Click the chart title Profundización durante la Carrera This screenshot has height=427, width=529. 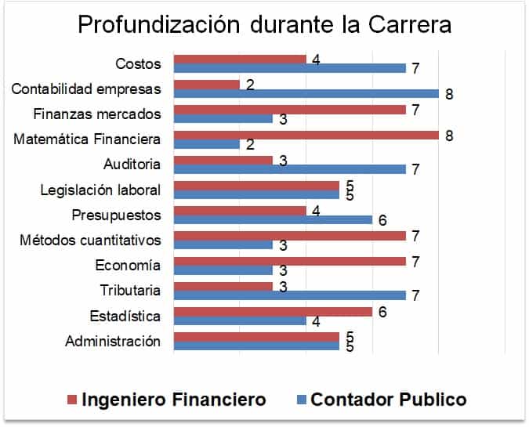click(x=264, y=25)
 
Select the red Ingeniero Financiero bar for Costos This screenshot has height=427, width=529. click(x=239, y=59)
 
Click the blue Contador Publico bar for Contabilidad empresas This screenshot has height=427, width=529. click(x=306, y=93)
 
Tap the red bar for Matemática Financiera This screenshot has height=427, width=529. click(x=306, y=135)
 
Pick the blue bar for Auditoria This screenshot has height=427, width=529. click(x=289, y=169)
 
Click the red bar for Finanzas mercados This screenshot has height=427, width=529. click(x=289, y=109)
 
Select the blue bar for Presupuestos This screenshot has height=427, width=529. click(x=273, y=220)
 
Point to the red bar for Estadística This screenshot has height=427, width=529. click(x=273, y=312)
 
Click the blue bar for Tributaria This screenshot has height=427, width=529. click(x=289, y=295)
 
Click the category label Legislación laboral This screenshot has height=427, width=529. click(x=100, y=190)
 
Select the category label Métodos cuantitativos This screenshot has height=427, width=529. click(x=90, y=240)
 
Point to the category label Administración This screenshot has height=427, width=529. click(x=113, y=342)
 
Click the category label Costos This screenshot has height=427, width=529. click(x=138, y=63)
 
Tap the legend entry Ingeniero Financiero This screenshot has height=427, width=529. click(x=173, y=400)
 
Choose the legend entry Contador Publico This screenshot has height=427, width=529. click(x=389, y=400)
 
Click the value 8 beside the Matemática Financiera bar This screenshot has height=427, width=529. click(x=450, y=135)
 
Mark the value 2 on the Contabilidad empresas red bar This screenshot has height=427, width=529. click(x=250, y=83)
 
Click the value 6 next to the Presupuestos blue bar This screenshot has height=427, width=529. click(x=382, y=220)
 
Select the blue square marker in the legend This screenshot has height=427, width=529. click(x=299, y=400)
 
